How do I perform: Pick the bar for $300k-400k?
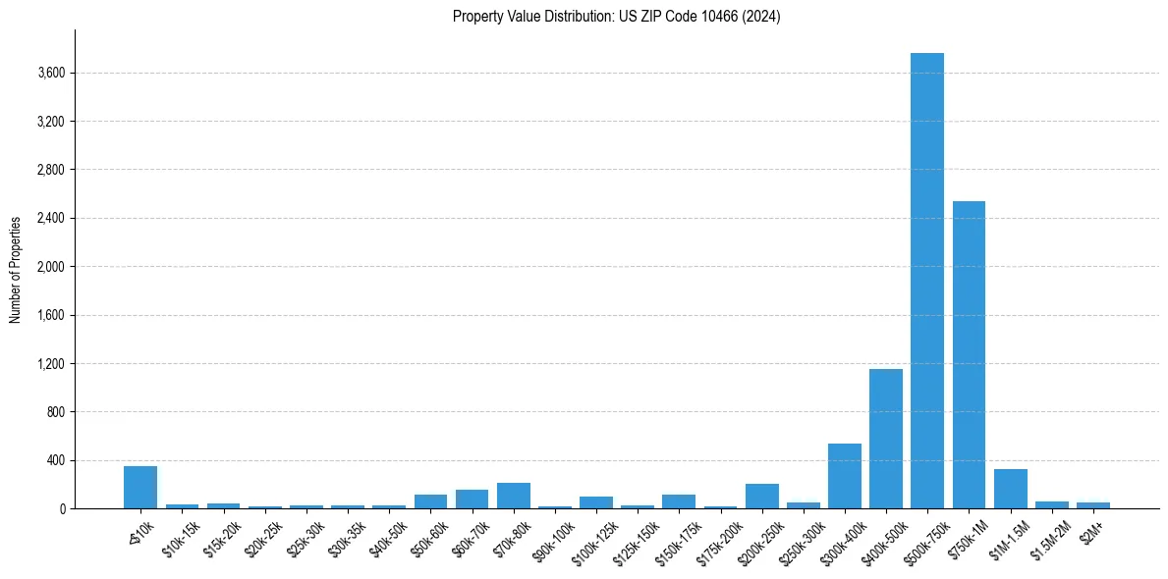pyautogui.click(x=844, y=477)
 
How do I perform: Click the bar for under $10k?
pyautogui.click(x=140, y=488)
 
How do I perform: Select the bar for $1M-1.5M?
pyautogui.click(x=1010, y=490)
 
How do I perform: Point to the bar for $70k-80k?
pyautogui.click(x=513, y=497)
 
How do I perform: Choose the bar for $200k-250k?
pyautogui.click(x=761, y=497)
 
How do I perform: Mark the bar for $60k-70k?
pyautogui.click(x=472, y=500)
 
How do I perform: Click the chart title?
pyautogui.click(x=616, y=17)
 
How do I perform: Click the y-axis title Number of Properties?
pyautogui.click(x=16, y=270)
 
